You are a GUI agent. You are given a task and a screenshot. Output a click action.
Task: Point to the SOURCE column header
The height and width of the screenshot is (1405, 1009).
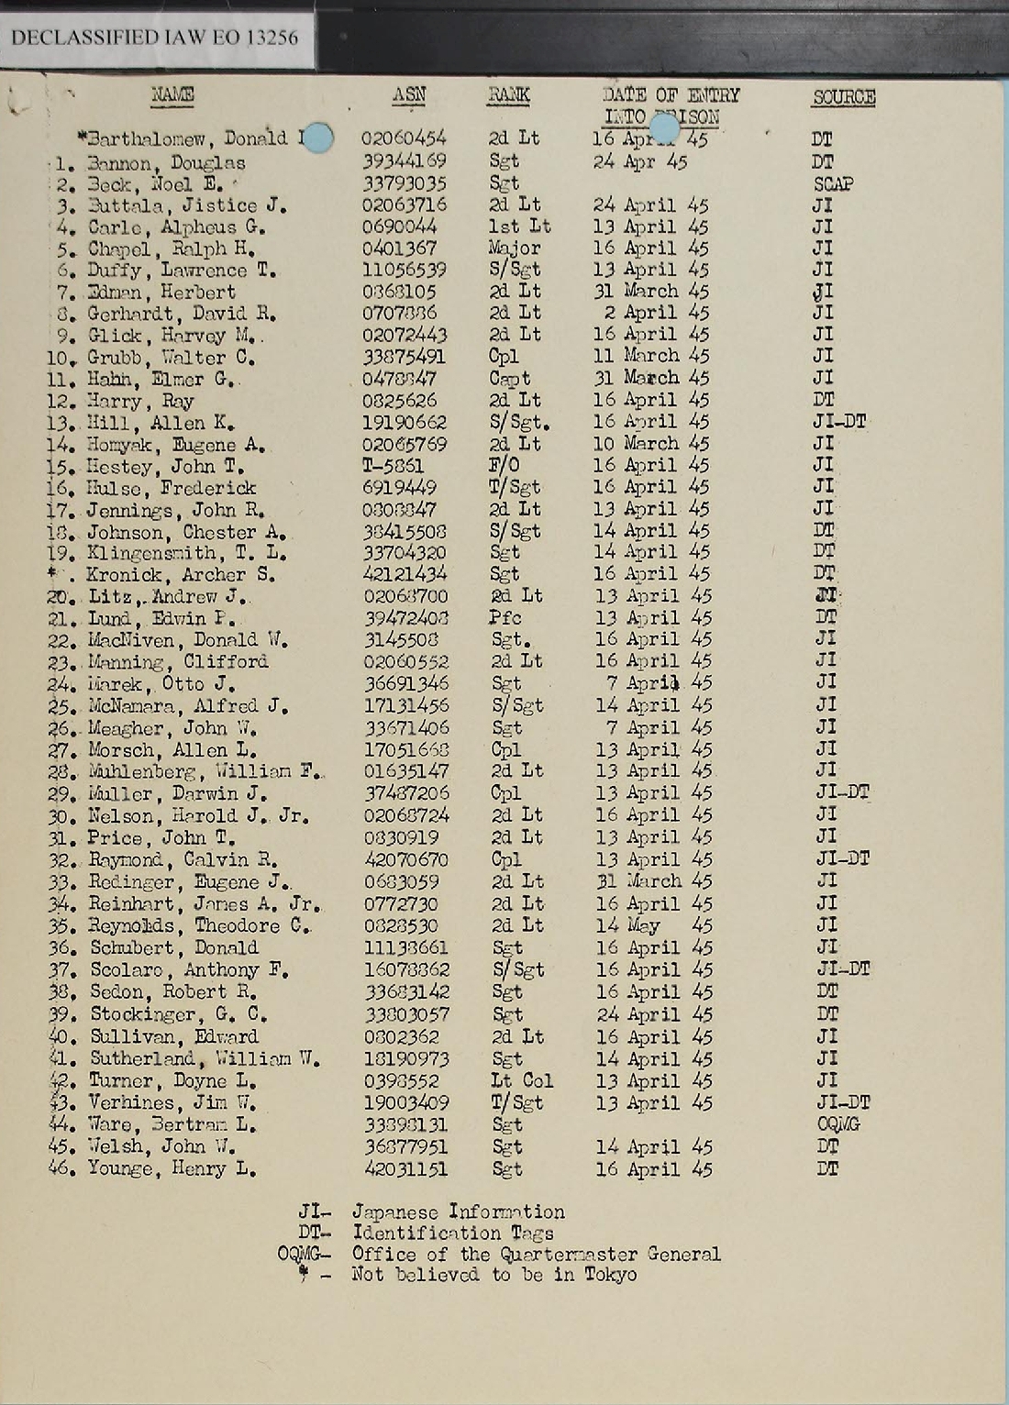pyautogui.click(x=843, y=97)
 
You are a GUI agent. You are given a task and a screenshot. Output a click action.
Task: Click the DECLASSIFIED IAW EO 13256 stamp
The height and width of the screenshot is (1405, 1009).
pyautogui.click(x=155, y=38)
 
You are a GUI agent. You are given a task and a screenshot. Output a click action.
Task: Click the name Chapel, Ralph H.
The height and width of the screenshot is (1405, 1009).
pyautogui.click(x=171, y=249)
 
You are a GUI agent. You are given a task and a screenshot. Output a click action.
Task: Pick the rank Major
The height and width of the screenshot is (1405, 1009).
pyautogui.click(x=515, y=248)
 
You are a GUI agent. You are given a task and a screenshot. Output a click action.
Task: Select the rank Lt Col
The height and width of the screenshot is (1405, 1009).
pyautogui.click(x=522, y=1080)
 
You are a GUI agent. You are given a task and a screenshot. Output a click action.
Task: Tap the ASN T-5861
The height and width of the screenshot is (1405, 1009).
pyautogui.click(x=393, y=466)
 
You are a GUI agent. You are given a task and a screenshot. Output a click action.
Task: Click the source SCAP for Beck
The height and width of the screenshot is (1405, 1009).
pyautogui.click(x=833, y=183)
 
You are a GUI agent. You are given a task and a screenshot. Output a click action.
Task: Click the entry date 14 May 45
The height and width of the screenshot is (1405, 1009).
pyautogui.click(x=653, y=925)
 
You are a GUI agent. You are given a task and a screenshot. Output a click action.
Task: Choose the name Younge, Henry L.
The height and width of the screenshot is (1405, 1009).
pyautogui.click(x=171, y=1168)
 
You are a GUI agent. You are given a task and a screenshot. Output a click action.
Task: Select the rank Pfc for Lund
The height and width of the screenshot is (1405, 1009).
pyautogui.click(x=505, y=617)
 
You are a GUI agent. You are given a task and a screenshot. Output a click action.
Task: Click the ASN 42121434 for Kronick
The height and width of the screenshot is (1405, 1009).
pyautogui.click(x=405, y=574)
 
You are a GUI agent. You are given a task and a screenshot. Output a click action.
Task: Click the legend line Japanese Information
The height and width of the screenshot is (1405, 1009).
pyautogui.click(x=458, y=1211)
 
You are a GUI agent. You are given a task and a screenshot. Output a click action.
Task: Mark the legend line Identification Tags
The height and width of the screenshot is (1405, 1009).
pyautogui.click(x=452, y=1233)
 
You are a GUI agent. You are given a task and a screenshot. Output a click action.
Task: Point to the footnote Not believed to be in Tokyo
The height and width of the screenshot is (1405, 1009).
pyautogui.click(x=493, y=1274)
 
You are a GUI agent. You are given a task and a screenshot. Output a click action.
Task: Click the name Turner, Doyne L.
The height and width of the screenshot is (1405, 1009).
pyautogui.click(x=172, y=1080)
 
